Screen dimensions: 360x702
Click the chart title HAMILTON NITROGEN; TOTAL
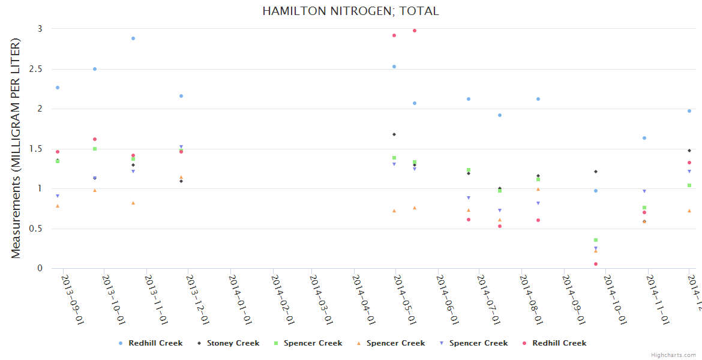[350, 11]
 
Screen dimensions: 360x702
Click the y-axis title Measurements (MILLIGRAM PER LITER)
[16, 148]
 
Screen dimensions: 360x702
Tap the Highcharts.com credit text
[673, 355]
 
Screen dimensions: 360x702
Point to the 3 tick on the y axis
[40, 29]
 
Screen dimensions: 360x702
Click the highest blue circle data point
[133, 38]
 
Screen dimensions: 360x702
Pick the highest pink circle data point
[415, 31]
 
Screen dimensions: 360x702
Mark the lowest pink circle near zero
[596, 264]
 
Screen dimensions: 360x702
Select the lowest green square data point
[596, 240]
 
